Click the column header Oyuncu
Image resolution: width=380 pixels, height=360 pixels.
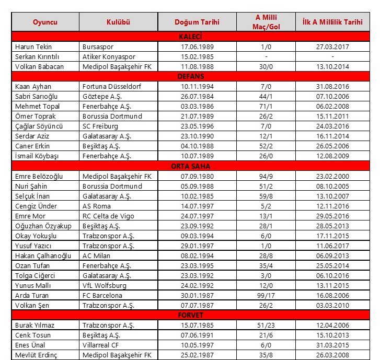point(45,22)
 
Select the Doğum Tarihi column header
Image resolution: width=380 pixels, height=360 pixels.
point(197,22)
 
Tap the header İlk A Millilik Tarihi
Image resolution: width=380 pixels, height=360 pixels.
point(332,22)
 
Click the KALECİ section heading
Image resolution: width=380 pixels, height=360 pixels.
point(190,37)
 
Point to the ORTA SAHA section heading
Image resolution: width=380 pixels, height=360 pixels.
point(190,166)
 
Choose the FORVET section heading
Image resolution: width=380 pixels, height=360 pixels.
point(190,315)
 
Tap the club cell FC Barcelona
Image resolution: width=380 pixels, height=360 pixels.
point(102,295)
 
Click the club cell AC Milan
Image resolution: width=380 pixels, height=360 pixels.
point(97,256)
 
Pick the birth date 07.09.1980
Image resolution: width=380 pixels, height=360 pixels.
point(197,176)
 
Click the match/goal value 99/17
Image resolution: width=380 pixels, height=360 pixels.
point(267,295)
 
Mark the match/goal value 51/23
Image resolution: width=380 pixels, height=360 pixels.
point(267,325)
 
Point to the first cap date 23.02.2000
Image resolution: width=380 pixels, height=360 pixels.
point(332,176)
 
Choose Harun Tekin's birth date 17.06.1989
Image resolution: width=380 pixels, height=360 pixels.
point(197,47)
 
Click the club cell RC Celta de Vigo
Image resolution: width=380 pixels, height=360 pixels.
point(108,216)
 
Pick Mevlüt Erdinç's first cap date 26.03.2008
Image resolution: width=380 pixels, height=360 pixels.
point(332,355)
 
